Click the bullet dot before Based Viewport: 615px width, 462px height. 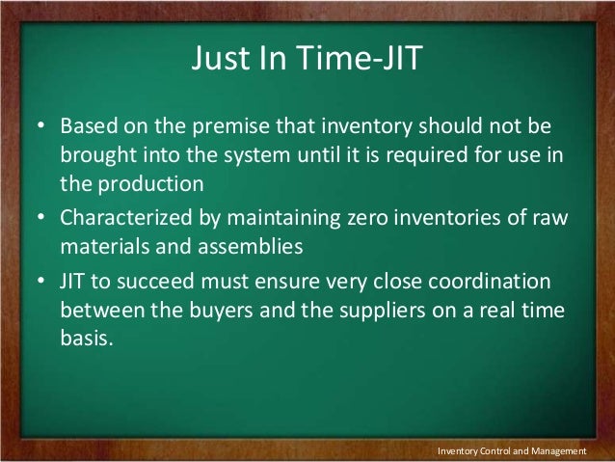43,128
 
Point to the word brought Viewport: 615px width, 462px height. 97,156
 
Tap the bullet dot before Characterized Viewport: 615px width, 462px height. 43,218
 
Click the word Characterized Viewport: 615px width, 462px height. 123,218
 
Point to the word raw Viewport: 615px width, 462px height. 551,218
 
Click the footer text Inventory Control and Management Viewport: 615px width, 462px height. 512,450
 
